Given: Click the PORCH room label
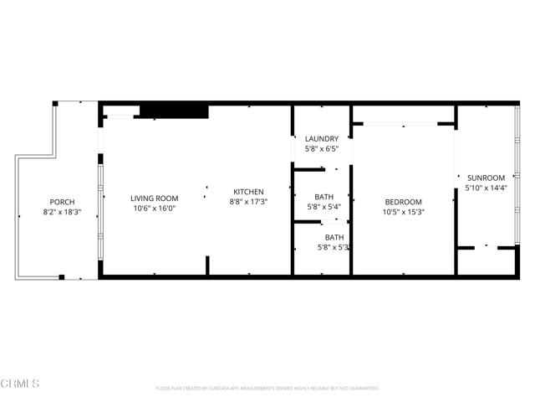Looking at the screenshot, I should pos(62,202).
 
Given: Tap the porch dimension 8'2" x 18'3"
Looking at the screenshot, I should pos(62,213).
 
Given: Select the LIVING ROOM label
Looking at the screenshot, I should pos(155,198).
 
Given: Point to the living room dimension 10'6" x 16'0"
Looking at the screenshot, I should pos(155,209).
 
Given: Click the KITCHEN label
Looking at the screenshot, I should pos(248,192).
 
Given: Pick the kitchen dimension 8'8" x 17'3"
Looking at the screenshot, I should pos(248,202).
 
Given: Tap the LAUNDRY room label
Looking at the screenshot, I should pos(322,139).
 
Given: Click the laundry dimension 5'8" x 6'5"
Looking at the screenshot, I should pos(322,149).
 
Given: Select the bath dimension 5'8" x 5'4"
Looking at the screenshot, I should pos(322,207).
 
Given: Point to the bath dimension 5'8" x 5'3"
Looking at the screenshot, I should pos(333,247).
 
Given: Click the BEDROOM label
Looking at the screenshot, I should pos(403,202).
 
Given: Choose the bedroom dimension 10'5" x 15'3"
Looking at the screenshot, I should pos(403,212).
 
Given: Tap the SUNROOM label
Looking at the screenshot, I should pos(486,178).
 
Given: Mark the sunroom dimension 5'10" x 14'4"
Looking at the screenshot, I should pos(486,188).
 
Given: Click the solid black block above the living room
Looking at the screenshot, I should pos(173,111).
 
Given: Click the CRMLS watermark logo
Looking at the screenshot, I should pos(21,384).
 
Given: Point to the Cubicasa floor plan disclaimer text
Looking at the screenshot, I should pos(267,389).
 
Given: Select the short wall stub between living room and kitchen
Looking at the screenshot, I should pos(206,265).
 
